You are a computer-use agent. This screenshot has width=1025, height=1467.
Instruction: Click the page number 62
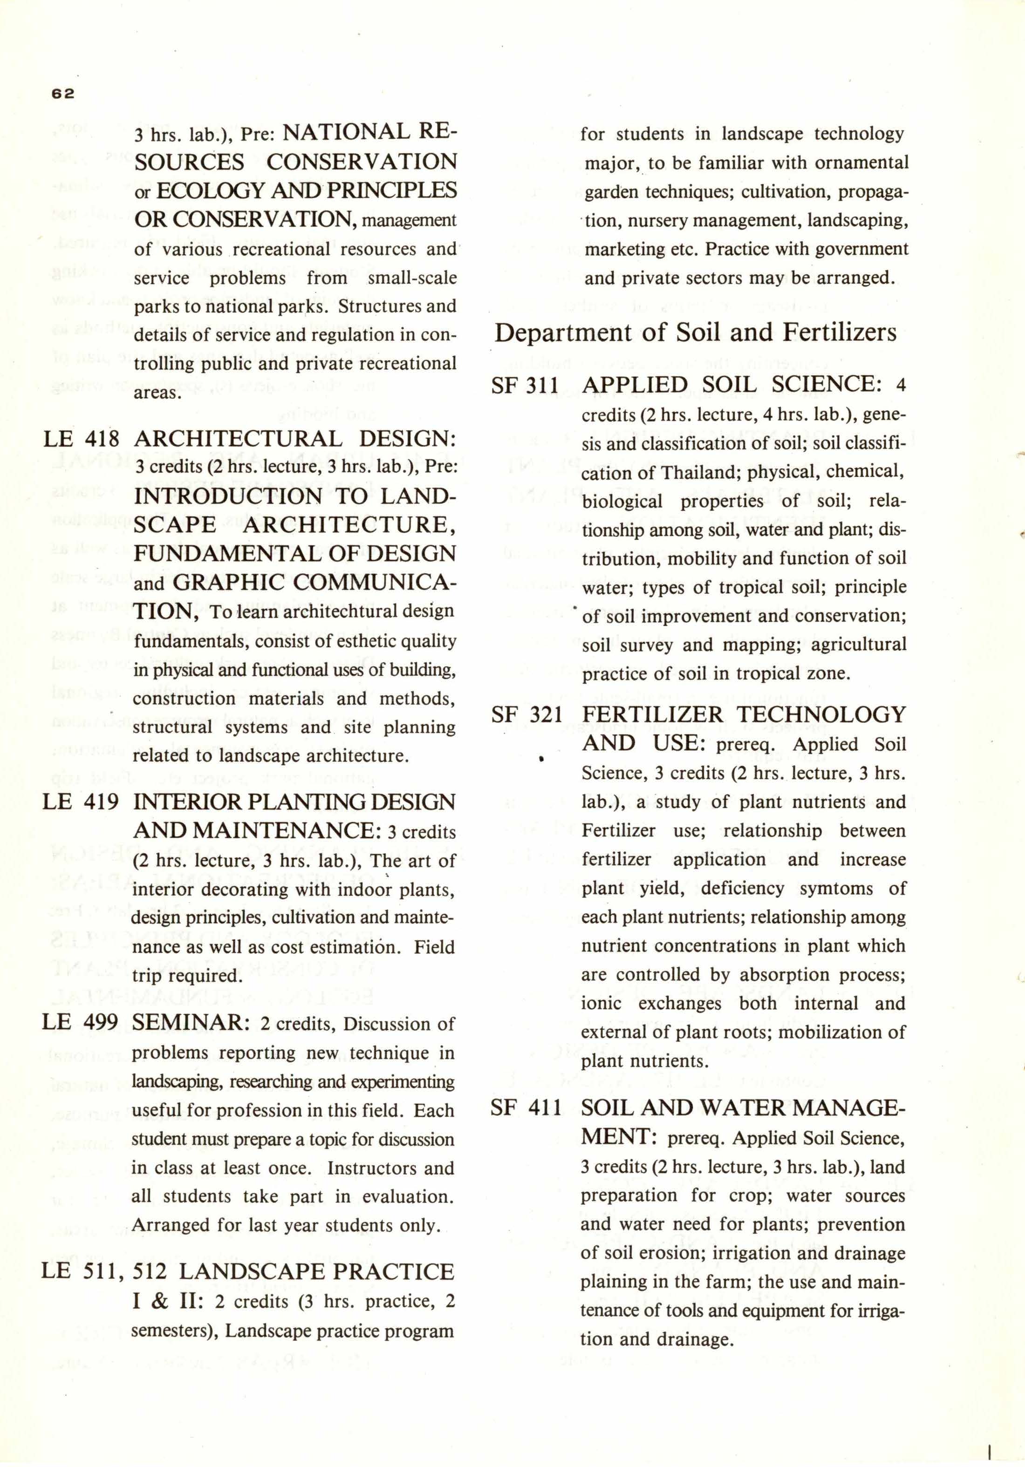(x=63, y=93)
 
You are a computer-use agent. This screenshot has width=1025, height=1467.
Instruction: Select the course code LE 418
(x=81, y=439)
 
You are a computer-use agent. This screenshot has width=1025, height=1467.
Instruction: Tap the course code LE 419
(x=81, y=802)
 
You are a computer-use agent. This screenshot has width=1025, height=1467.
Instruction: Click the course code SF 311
(x=525, y=385)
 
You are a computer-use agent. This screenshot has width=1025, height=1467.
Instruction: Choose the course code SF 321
(x=526, y=715)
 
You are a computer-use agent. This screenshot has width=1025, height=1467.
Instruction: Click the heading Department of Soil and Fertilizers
(x=695, y=333)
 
